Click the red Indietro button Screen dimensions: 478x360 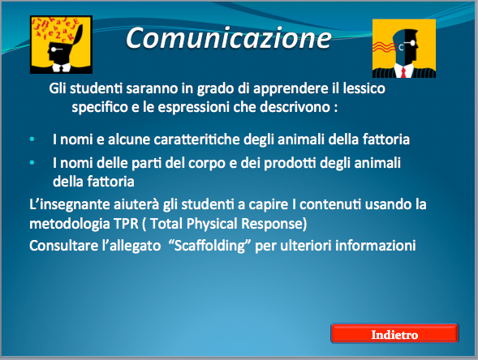pyautogui.click(x=394, y=333)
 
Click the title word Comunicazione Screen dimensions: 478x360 pyautogui.click(x=228, y=38)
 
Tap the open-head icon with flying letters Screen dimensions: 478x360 pyautogui.click(x=61, y=45)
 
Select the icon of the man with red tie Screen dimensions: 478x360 pyautogui.click(x=404, y=48)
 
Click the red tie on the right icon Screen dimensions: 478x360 pyautogui.click(x=403, y=72)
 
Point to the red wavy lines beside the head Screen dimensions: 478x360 pyautogui.click(x=385, y=48)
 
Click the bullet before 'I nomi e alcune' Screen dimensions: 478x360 pyautogui.click(x=32, y=139)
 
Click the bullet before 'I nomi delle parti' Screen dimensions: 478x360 pyautogui.click(x=32, y=163)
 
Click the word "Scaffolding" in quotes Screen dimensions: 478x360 pyautogui.click(x=209, y=246)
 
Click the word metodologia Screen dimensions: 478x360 pyautogui.click(x=70, y=224)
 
